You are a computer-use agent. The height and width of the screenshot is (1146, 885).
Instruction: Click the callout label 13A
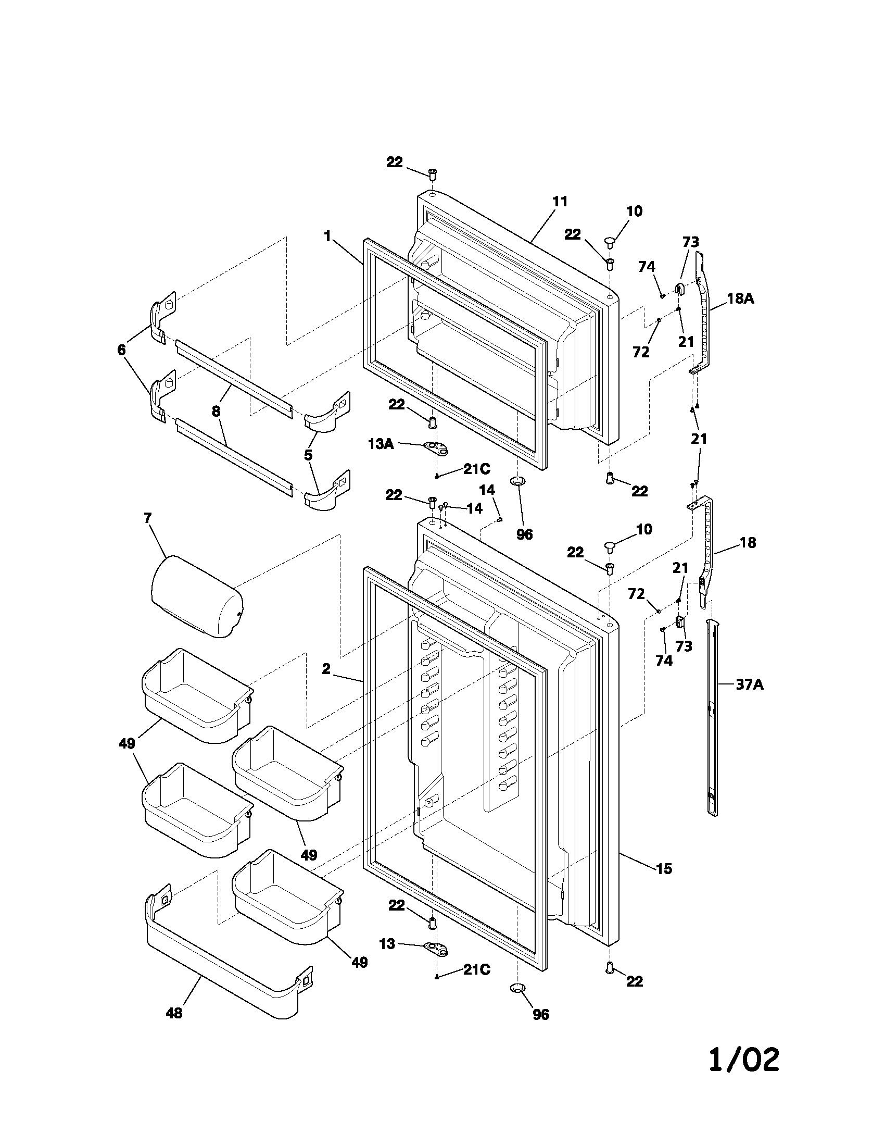tap(381, 444)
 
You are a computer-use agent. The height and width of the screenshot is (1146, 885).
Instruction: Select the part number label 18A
tap(740, 298)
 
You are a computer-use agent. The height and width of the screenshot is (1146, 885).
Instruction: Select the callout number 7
tap(147, 518)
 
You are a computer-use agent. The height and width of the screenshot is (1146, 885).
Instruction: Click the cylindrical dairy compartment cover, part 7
tap(197, 597)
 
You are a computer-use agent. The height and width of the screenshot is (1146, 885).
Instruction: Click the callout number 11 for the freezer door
tap(560, 202)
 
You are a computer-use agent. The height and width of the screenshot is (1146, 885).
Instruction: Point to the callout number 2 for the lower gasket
tap(326, 669)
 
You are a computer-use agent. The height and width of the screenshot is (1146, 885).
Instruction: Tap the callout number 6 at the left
tap(122, 350)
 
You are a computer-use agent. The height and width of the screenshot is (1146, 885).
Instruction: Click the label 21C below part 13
tap(476, 970)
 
